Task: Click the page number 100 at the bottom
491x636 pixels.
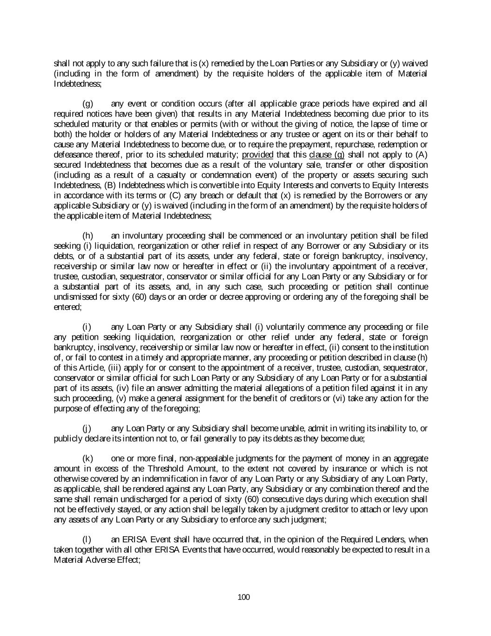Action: [x=244, y=597]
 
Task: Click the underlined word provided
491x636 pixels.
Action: [x=257, y=155]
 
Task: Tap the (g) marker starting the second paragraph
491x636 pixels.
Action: [x=87, y=104]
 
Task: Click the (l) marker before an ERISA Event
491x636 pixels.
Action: [x=87, y=540]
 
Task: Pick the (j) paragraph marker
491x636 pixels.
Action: [x=87, y=428]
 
